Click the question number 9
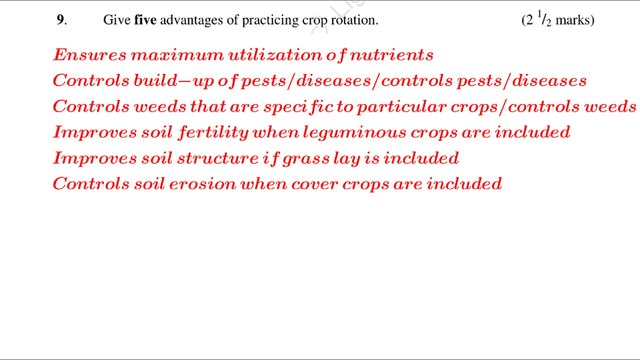(x=60, y=20)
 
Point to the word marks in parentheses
(x=574, y=20)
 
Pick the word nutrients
(x=391, y=54)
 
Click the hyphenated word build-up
(x=171, y=80)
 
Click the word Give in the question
(x=116, y=20)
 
